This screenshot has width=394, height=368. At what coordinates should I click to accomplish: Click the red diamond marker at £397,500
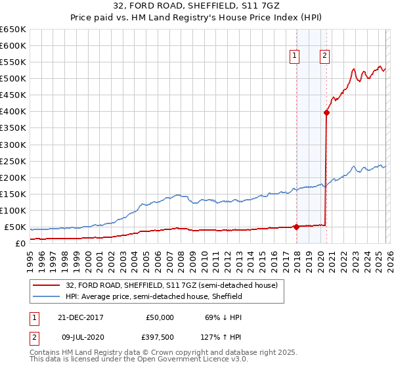click(326, 112)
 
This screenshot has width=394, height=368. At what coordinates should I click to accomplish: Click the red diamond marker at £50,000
click(296, 227)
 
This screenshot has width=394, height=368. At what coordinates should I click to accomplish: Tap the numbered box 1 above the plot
click(295, 57)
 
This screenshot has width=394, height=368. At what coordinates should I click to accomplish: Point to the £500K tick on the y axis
click(13, 79)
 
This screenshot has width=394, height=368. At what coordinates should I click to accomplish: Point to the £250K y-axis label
click(13, 161)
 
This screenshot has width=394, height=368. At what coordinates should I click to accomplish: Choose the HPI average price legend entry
click(154, 296)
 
